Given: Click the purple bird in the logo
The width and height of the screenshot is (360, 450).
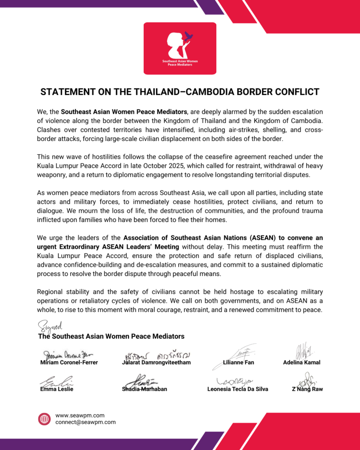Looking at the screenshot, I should (189, 36).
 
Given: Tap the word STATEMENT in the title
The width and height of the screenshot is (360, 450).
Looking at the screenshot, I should (65, 92).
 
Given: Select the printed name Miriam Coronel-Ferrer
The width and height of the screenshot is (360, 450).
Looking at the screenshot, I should (69, 363).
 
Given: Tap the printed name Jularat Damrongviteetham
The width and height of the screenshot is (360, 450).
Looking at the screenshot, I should (156, 363).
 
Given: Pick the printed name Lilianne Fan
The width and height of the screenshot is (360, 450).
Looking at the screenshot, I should (239, 363).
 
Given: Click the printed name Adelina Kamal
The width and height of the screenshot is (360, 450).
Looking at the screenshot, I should (302, 363).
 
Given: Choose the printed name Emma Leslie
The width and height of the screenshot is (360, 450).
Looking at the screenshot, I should (57, 389).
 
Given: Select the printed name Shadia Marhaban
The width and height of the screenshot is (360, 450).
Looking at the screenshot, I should (144, 389).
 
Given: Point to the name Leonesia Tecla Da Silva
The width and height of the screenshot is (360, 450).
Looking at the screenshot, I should (237, 389).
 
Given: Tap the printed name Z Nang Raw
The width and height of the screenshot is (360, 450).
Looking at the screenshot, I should (307, 389).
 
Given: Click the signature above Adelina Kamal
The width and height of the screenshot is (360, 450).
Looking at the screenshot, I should (302, 351).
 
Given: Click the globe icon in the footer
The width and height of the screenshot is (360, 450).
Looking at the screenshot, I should (44, 419).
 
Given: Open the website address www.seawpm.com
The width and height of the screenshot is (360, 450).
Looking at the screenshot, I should (80, 415).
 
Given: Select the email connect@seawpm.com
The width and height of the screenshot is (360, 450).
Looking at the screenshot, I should (85, 422).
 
